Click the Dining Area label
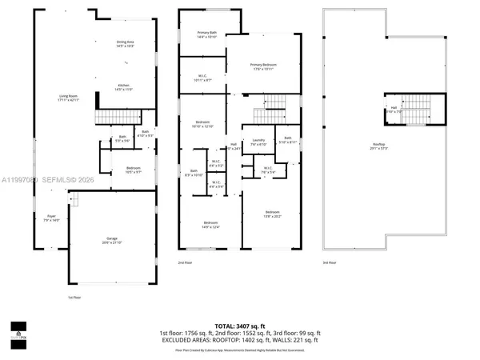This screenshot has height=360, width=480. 125,43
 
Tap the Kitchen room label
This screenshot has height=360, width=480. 124,87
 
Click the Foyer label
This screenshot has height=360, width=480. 50,218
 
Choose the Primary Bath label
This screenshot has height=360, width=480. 207,34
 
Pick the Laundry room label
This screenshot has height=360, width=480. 258,142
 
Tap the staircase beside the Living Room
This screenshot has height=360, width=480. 112,118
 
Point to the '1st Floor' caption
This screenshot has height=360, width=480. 74,298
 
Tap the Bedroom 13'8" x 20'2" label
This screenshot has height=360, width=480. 273,214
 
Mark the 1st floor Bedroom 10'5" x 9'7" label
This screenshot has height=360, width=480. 132,170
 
